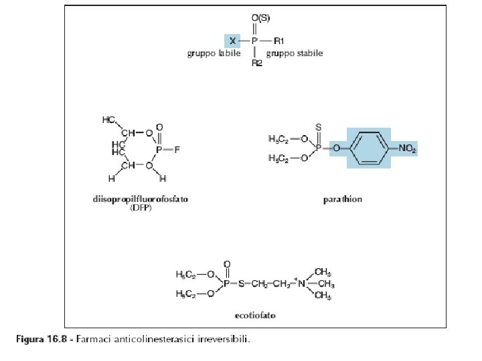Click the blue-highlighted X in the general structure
tap(232, 41)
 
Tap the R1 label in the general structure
tap(280, 41)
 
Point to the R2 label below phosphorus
tap(256, 64)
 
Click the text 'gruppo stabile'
tap(295, 53)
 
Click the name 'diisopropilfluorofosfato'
tap(141, 199)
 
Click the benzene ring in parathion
tap(368, 150)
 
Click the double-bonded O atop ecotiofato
tap(226, 265)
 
